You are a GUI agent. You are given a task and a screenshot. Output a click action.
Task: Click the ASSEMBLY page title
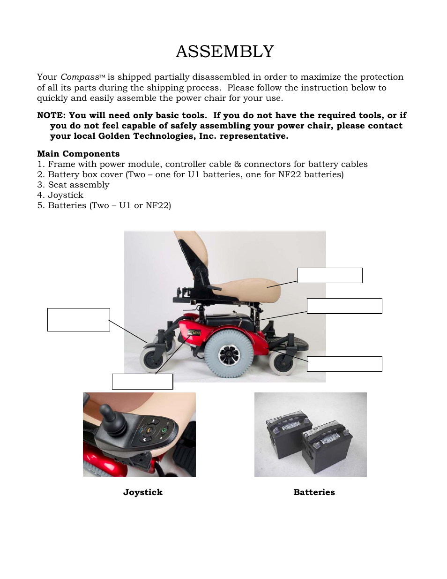coord(224,52)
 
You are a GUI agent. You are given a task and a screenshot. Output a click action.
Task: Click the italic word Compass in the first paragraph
coord(80,77)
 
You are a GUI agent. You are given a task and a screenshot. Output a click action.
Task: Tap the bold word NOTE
coord(51,115)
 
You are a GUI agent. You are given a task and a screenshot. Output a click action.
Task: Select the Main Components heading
coord(78,154)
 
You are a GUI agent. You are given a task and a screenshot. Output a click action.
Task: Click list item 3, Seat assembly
coord(73,185)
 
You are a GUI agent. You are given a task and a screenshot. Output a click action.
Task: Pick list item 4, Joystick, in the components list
coord(60,195)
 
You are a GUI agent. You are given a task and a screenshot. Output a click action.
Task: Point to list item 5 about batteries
coord(104,205)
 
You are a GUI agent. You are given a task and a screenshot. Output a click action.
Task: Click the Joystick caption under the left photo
coord(142,492)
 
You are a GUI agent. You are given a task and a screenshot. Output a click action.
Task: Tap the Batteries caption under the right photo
coord(314,492)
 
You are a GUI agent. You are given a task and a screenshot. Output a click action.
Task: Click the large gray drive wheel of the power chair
coord(229,353)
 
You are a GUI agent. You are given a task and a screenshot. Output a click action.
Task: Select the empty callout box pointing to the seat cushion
coord(330,275)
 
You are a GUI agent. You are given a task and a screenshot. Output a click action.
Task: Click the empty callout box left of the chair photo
coord(78,320)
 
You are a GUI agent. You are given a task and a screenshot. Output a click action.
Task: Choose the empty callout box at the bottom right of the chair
coord(344,364)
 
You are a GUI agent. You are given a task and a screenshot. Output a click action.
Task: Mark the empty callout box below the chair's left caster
coord(142,382)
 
